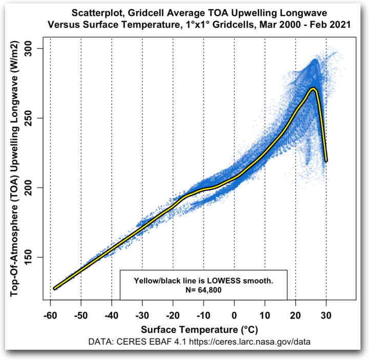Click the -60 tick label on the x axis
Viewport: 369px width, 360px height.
pos(50,314)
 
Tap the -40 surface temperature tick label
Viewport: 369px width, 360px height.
pos(111,314)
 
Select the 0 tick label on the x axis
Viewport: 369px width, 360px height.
pos(234,314)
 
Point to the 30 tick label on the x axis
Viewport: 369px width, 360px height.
pos(326,314)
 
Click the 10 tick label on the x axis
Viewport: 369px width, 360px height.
pos(264,314)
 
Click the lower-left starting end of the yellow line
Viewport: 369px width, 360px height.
pos(55,288)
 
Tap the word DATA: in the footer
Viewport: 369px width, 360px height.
pos(101,341)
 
